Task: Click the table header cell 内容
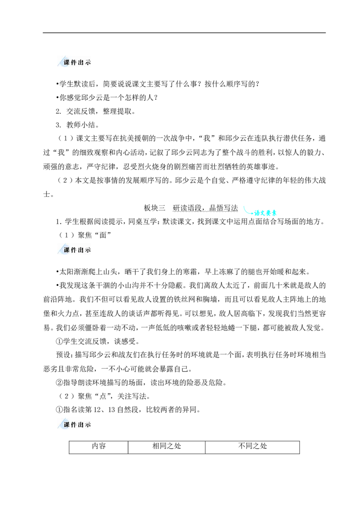point(99,446)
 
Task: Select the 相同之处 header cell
point(166,446)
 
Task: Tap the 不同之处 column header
point(252,446)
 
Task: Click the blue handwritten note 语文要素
point(265,213)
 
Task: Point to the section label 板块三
point(155,208)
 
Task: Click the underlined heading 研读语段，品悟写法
point(205,208)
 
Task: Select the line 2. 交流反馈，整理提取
point(95,112)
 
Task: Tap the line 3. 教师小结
point(77,125)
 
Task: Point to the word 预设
point(63,355)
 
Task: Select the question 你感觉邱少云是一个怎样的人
point(107,98)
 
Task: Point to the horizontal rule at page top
point(184,33)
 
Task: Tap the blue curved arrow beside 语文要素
point(247,211)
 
